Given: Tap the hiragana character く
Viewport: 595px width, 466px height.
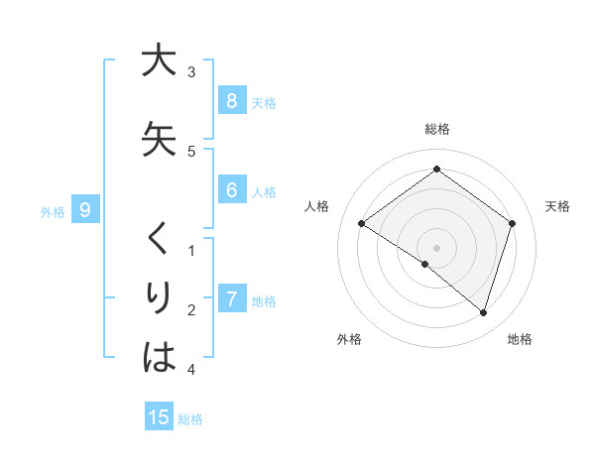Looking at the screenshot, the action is (159, 239).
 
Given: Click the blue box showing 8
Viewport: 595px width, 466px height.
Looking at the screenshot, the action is (231, 101).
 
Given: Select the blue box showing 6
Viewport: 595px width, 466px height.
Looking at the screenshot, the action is (231, 190).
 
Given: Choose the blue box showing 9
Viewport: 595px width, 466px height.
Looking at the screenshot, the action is (85, 210).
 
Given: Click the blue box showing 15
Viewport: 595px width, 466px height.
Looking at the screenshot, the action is (159, 417).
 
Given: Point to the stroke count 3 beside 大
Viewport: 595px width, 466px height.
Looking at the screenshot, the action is (191, 72).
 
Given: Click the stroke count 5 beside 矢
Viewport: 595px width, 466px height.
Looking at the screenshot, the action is (191, 152).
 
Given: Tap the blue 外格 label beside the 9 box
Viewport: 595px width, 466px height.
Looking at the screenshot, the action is (53, 211).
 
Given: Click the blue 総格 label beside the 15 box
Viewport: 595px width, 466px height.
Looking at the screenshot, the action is (190, 418).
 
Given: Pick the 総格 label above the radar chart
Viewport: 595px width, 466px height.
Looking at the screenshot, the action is (436, 129).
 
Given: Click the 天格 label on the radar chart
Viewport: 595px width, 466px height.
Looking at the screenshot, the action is (558, 206).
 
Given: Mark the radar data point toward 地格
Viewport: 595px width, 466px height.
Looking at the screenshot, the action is (483, 313).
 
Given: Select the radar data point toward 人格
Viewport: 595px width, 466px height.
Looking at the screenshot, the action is (362, 224).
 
